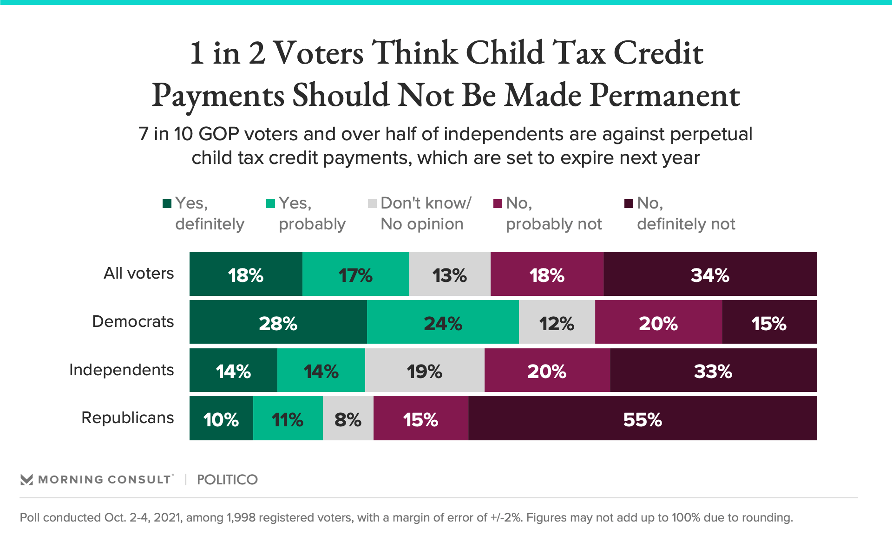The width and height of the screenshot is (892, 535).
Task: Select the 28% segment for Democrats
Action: click(278, 322)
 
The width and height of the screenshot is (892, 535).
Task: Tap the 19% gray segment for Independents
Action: click(425, 371)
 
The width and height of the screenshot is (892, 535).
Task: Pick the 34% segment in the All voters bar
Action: click(710, 274)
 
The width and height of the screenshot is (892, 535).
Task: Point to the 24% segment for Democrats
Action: click(443, 322)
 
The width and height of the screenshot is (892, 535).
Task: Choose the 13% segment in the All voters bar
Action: click(450, 274)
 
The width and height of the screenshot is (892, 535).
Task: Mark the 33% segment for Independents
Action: click(713, 371)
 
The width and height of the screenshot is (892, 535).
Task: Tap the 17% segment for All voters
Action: click(355, 274)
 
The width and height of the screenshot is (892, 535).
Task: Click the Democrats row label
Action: click(133, 321)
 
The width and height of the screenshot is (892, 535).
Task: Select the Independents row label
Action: click(121, 370)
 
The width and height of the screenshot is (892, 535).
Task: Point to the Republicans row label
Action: click(127, 418)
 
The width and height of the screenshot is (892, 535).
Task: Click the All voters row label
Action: click(138, 273)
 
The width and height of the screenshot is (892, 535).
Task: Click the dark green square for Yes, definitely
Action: click(167, 204)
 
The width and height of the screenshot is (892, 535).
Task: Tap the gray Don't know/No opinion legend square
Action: click(372, 204)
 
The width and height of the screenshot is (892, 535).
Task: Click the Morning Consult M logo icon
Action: click(27, 480)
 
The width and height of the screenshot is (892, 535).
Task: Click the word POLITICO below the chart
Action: click(227, 480)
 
